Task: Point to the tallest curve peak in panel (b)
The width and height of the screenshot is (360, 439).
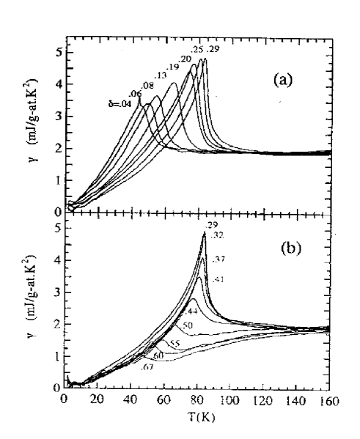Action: click(205, 233)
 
